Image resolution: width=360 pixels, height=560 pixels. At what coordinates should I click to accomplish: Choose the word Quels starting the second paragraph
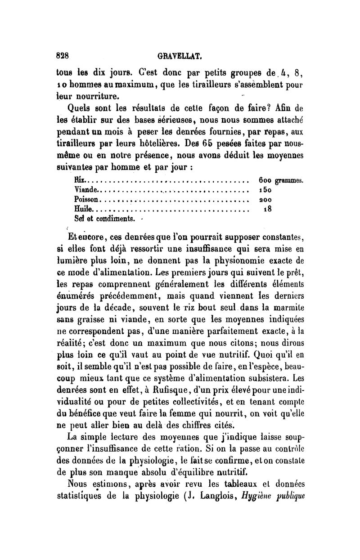tap(81, 108)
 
